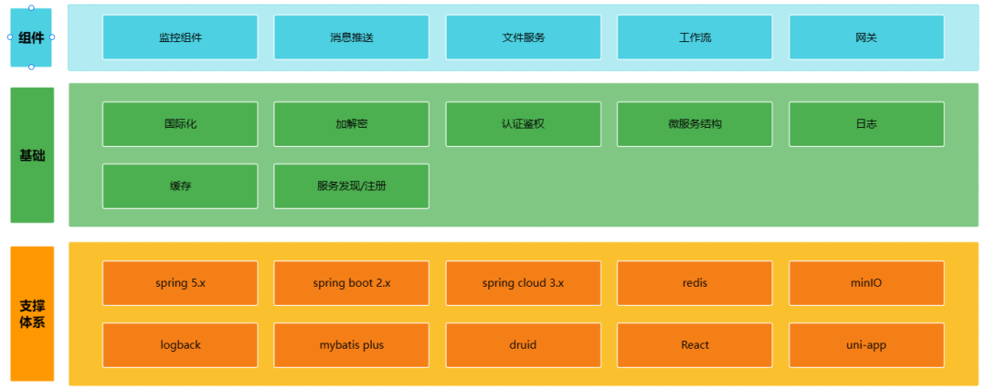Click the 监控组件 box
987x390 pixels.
[180, 37]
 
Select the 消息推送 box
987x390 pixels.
[351, 37]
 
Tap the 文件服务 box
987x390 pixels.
[523, 37]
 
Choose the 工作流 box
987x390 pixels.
[695, 37]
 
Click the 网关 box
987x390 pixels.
[865, 37]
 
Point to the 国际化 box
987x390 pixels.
[180, 124]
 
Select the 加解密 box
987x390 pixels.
[351, 124]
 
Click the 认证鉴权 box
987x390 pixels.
[523, 124]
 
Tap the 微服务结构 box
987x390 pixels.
[695, 124]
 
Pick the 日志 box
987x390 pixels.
[865, 124]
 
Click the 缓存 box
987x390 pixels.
[180, 186]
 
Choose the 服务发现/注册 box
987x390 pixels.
[351, 186]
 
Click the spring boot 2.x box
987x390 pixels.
[351, 283]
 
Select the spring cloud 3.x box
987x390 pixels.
[523, 283]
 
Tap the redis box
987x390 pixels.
[695, 283]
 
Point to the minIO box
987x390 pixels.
[865, 283]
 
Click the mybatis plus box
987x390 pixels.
[351, 345]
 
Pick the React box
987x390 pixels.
[695, 345]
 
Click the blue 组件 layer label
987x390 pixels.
[32, 37]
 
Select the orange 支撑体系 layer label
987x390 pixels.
[32, 313]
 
